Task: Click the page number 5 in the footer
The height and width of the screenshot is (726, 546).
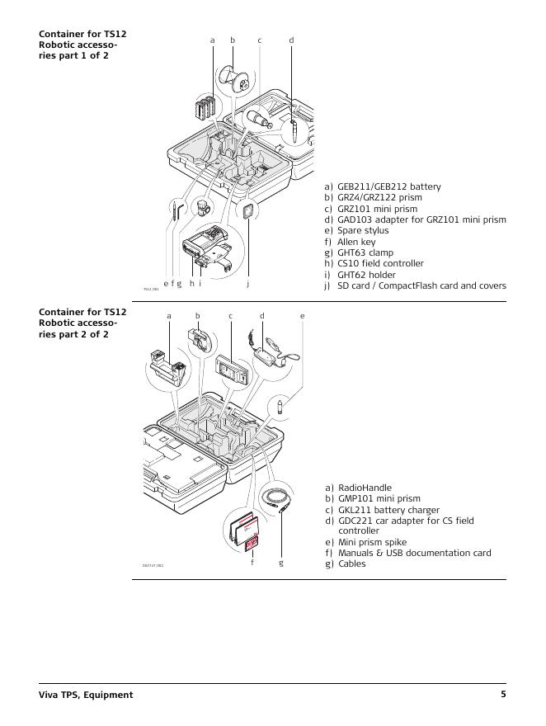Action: [x=503, y=695]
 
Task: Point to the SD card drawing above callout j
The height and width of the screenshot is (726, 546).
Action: [x=247, y=212]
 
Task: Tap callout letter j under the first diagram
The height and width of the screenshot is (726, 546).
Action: [x=247, y=284]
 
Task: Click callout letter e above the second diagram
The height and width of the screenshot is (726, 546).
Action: [x=302, y=315]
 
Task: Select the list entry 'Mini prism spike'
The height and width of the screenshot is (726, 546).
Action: [x=373, y=542]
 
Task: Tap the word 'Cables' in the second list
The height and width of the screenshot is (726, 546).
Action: [x=352, y=563]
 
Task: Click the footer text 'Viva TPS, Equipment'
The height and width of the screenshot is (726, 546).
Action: [x=86, y=695]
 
